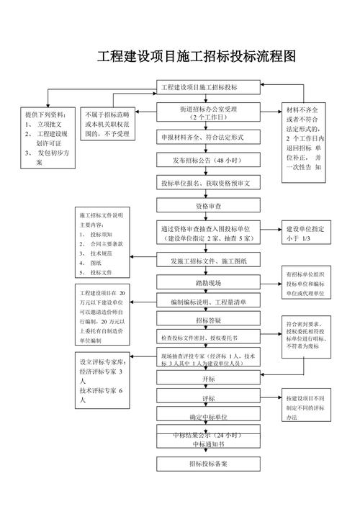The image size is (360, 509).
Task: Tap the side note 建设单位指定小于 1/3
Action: pos(306,233)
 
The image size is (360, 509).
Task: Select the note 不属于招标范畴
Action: pos(107,124)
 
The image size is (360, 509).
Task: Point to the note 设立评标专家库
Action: pos(102,379)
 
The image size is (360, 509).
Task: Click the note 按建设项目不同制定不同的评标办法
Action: pos(306,407)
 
